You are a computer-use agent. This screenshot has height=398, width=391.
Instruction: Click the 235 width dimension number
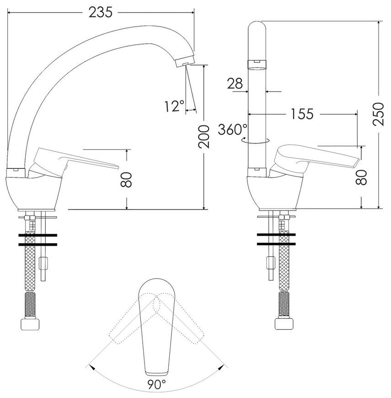100,12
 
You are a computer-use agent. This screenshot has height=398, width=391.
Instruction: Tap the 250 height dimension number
378,114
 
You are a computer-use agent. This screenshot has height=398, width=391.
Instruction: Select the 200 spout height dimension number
204,137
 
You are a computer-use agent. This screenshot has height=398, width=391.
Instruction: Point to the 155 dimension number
302,114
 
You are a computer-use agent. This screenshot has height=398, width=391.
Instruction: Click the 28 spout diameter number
235,83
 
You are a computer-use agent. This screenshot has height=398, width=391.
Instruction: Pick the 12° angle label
174,106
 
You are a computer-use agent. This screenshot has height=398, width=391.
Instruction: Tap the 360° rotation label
232,129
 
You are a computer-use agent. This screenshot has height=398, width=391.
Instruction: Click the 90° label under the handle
156,384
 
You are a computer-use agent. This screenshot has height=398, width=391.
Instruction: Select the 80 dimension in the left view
126,180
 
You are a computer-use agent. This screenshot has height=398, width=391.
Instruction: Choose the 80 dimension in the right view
361,177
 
